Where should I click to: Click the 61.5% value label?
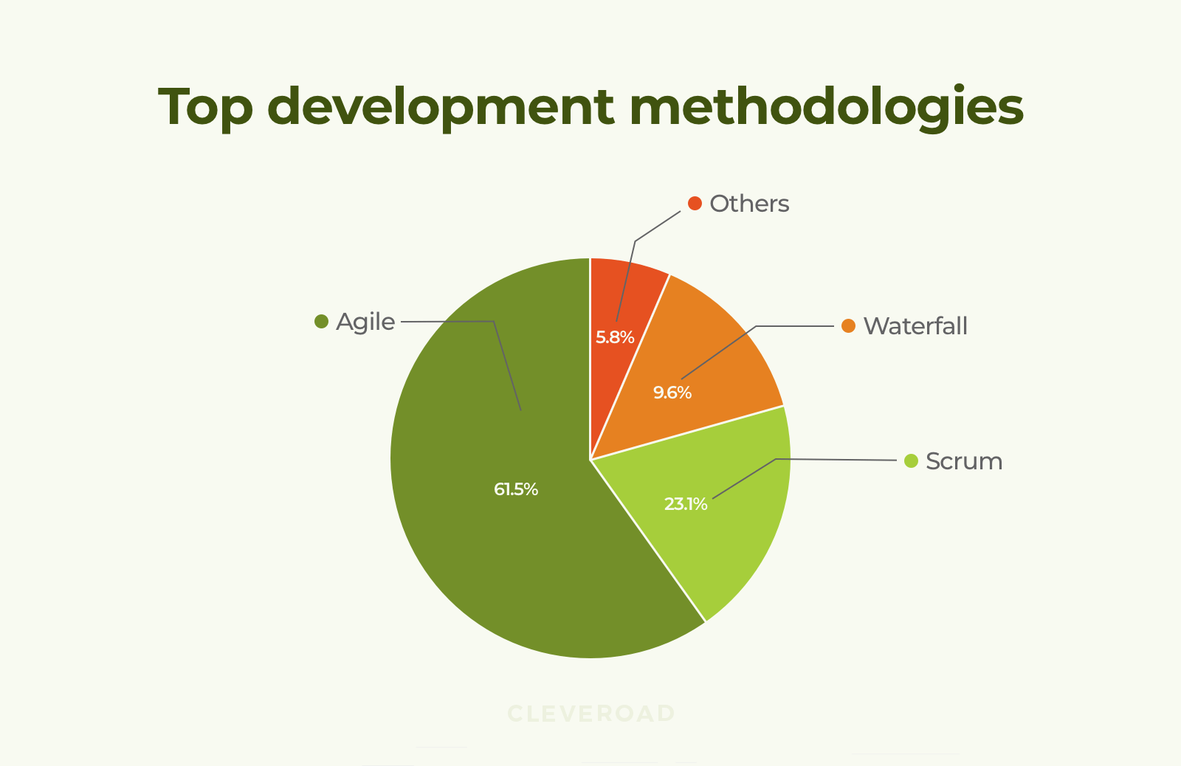click(516, 489)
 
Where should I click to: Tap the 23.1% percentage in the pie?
click(685, 504)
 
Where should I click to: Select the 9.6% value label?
click(672, 393)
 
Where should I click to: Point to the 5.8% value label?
click(615, 337)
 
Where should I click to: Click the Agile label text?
click(365, 322)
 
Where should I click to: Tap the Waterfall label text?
click(915, 326)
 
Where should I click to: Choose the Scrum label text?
click(964, 461)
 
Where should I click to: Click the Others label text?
click(749, 204)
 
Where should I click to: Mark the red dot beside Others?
click(695, 204)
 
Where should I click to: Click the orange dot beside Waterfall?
click(848, 326)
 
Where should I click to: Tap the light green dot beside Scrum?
click(911, 461)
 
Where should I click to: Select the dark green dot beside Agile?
click(321, 322)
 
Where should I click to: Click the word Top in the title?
click(205, 108)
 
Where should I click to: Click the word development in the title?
click(440, 108)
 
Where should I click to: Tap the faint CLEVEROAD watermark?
click(591, 714)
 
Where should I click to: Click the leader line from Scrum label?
click(834, 460)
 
